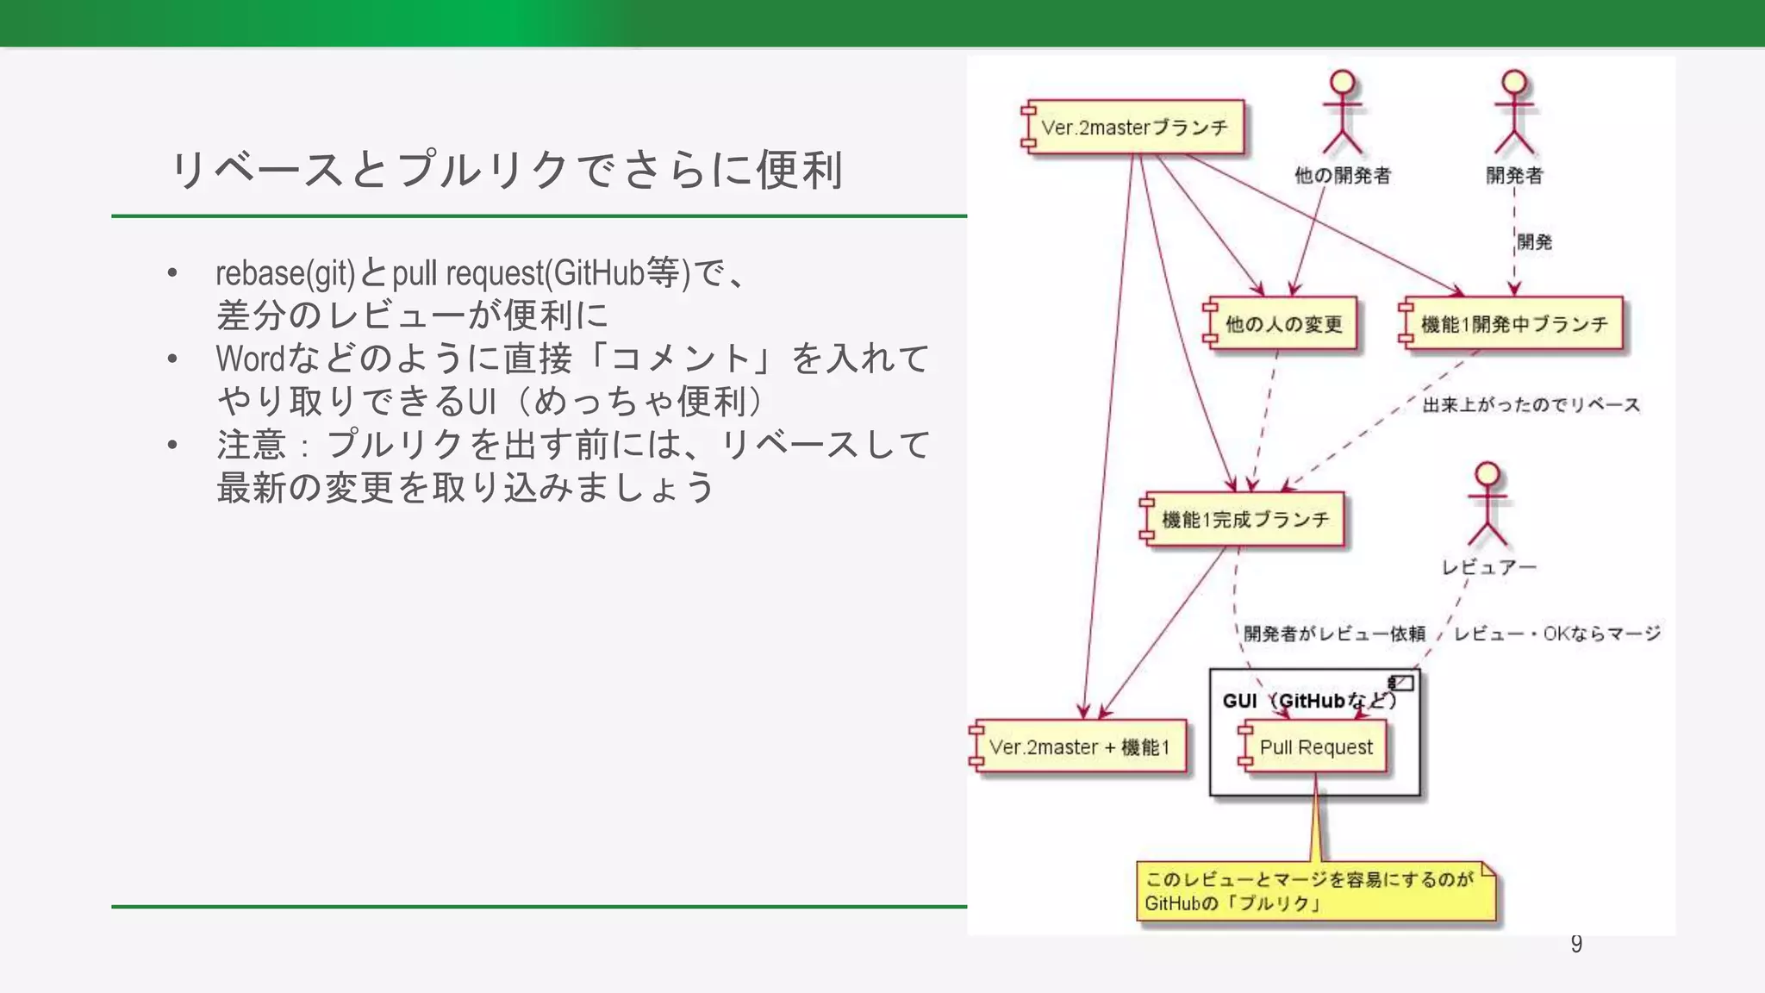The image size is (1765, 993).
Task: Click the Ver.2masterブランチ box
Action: tap(1134, 128)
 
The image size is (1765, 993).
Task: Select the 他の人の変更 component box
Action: tap(1282, 324)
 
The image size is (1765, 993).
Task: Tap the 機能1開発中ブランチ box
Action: tap(1513, 324)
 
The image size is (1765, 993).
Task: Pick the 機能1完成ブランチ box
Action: tap(1244, 520)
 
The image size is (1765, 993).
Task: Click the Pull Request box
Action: tap(1315, 747)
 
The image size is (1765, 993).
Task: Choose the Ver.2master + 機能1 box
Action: tap(1079, 747)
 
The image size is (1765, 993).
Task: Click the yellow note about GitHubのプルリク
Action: tap(1315, 891)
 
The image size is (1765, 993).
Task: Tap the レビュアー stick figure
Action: tap(1487, 505)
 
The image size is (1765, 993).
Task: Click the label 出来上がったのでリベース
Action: tap(1531, 405)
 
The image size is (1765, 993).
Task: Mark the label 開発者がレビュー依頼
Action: tap(1334, 634)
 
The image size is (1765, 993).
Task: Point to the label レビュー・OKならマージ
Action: tap(1556, 634)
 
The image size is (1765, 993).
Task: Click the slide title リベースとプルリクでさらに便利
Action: tap(507, 170)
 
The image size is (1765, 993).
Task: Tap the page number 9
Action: tap(1576, 944)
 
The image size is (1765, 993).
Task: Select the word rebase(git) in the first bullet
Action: tap(284, 274)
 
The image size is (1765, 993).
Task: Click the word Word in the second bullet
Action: tap(250, 359)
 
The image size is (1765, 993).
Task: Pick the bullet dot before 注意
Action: tap(172, 445)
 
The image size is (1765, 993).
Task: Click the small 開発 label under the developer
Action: tap(1534, 242)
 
